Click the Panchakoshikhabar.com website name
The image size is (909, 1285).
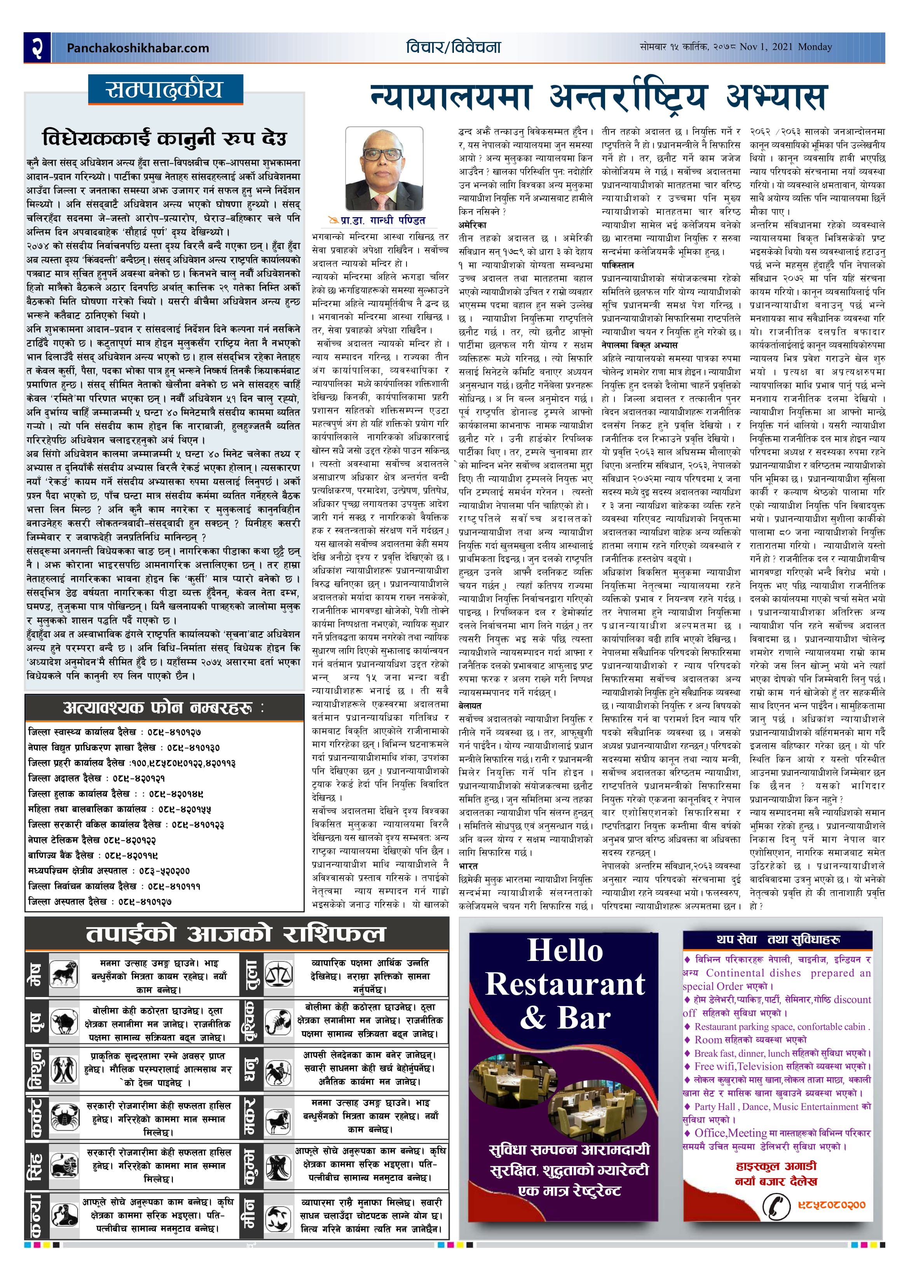[x=138, y=48]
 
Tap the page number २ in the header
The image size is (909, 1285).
[x=37, y=47]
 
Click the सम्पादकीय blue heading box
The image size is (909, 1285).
[x=166, y=89]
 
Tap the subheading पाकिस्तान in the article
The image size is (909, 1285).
[x=618, y=265]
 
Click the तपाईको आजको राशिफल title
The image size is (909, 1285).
[x=236, y=933]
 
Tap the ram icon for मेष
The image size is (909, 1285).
[x=65, y=975]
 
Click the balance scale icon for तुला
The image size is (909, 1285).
[x=278, y=975]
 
